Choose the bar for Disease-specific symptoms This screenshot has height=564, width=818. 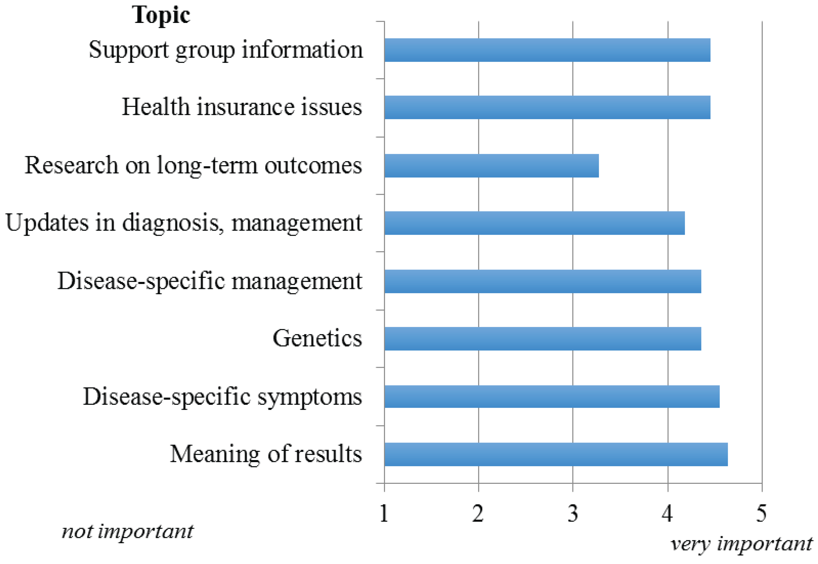point(552,397)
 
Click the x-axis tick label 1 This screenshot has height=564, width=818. point(384,513)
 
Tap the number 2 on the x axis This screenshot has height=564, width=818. point(478,513)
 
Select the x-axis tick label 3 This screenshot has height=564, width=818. point(572,513)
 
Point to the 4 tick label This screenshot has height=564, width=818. point(667,513)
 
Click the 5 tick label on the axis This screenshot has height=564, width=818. point(761,513)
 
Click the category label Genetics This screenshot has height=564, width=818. point(317,338)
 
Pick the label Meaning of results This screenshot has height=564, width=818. point(266,454)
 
